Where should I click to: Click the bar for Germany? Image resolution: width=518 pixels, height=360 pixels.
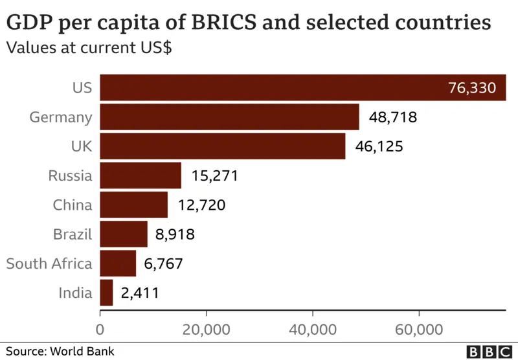(229, 117)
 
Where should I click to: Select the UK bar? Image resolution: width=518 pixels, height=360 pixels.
(223, 146)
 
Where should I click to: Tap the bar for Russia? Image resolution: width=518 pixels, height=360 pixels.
(141, 175)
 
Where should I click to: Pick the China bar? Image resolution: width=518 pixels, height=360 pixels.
(134, 205)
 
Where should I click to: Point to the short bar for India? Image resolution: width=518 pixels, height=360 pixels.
(107, 293)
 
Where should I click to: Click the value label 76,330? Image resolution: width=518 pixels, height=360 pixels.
(472, 88)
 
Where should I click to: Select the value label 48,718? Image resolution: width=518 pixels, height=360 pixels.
(392, 117)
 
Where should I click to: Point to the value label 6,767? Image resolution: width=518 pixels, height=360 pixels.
(159, 264)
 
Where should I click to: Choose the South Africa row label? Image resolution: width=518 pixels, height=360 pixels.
(49, 264)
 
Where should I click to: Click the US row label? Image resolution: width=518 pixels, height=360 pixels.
(82, 88)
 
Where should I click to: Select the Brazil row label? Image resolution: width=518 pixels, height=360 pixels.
(72, 234)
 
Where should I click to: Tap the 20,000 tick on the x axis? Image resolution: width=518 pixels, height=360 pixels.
(207, 330)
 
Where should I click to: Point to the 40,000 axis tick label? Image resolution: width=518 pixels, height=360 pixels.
(313, 330)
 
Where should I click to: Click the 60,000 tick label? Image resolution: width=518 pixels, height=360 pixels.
(419, 330)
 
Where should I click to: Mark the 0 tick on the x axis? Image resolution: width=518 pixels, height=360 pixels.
(100, 330)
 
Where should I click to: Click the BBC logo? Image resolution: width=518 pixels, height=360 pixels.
(489, 352)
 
